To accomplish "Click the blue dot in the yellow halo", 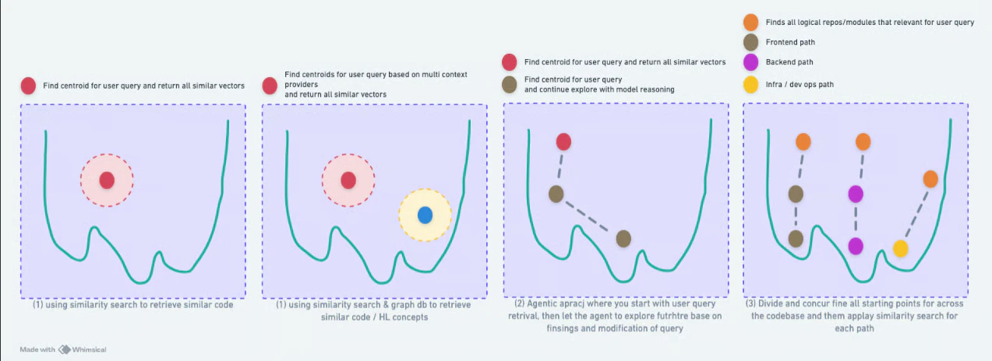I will (425, 215).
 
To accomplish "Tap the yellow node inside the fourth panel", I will (900, 248).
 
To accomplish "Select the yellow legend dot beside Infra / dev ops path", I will (751, 82).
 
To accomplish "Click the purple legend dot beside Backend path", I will (751, 62).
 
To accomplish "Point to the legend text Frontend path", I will (790, 42).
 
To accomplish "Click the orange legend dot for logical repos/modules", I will (751, 22).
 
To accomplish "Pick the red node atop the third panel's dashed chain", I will (564, 142).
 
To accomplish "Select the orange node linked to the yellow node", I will (930, 179).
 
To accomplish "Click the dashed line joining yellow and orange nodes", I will (916, 213).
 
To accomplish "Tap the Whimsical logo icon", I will (65, 349).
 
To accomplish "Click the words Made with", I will (37, 349).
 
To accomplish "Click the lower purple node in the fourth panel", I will (856, 246).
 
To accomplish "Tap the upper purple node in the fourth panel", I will (856, 194).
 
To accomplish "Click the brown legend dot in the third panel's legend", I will (510, 83).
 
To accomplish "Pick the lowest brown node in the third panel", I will (623, 239).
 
